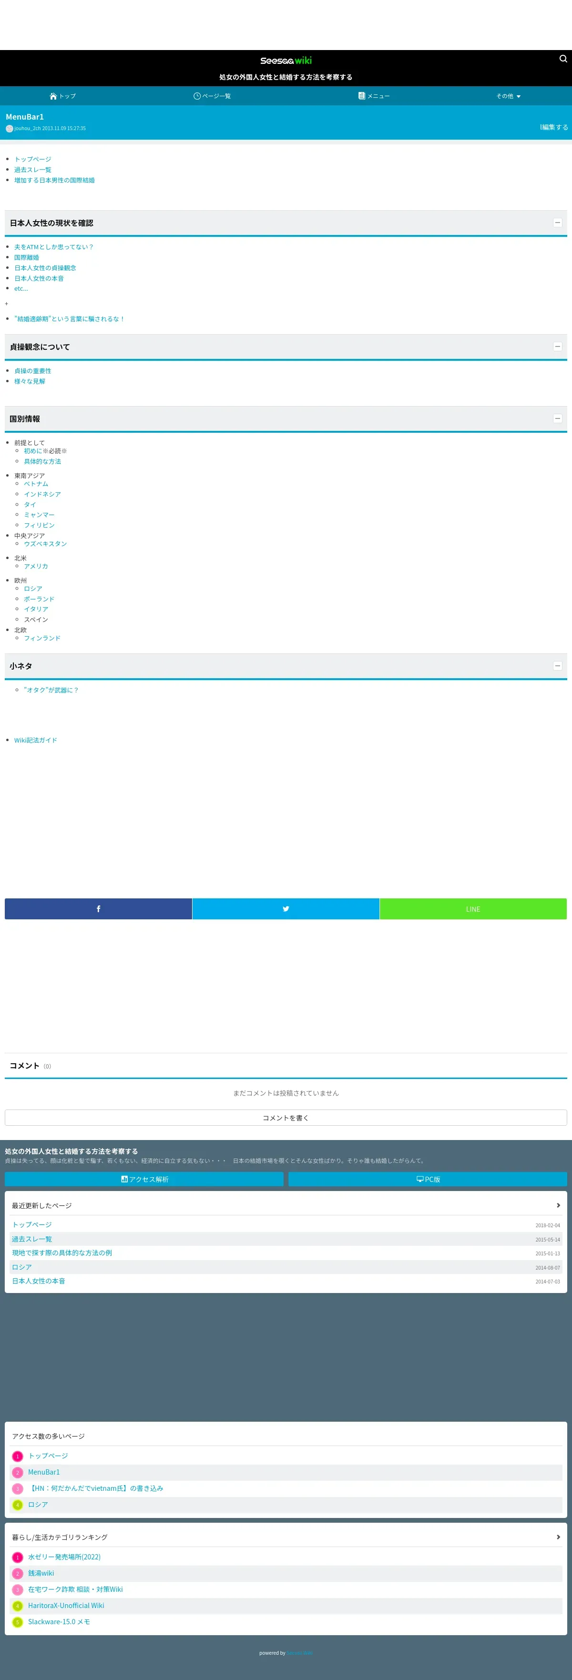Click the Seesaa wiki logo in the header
[286, 61]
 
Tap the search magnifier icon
[563, 59]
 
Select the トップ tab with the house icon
[62, 96]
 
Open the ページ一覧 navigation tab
[212, 96]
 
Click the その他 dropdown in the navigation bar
[508, 96]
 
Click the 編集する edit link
[554, 127]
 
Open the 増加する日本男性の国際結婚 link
[54, 180]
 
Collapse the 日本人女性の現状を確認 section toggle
[557, 223]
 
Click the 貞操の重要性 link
[32, 370]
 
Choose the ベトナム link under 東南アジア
[36, 483]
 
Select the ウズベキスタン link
[45, 543]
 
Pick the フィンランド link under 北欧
[42, 638]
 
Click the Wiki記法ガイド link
[35, 740]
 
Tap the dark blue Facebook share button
[99, 908]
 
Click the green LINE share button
[473, 908]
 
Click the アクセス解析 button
[144, 1179]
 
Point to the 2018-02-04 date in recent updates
[547, 1225]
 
